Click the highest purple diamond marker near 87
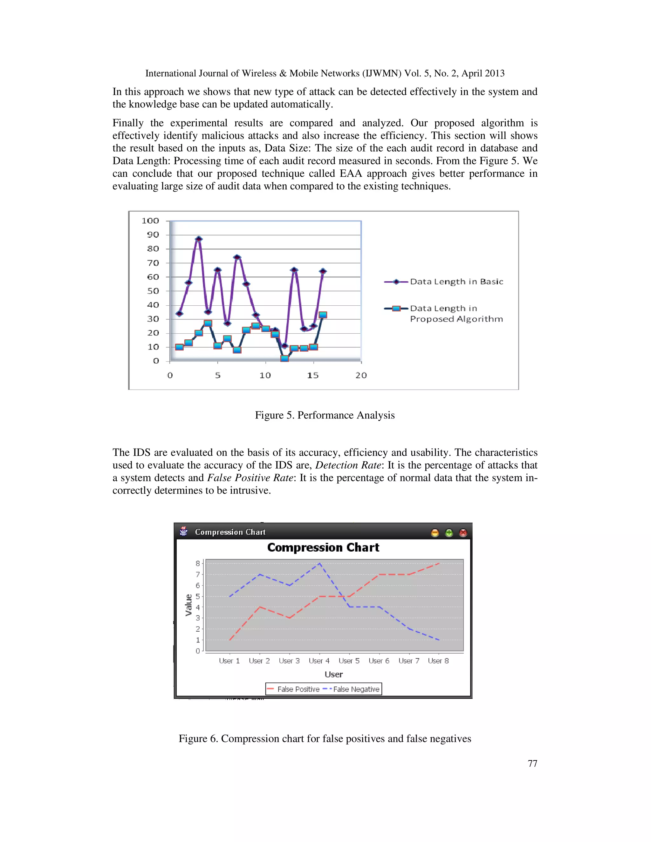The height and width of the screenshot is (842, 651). pyautogui.click(x=199, y=239)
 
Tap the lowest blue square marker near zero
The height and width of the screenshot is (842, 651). pyautogui.click(x=284, y=358)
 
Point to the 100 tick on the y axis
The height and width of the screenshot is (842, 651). pyautogui.click(x=150, y=221)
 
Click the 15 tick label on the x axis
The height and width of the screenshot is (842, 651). pyautogui.click(x=313, y=376)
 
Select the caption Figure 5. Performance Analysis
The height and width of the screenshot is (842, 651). pyautogui.click(x=325, y=415)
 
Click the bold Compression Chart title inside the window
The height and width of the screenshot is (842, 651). pyautogui.click(x=323, y=547)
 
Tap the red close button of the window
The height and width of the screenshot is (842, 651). pyautogui.click(x=463, y=533)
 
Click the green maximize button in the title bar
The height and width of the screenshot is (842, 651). pyautogui.click(x=449, y=533)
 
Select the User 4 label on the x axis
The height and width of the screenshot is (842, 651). pyautogui.click(x=319, y=661)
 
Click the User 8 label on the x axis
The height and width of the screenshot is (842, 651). pyautogui.click(x=438, y=661)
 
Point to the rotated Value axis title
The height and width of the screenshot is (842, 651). pyautogui.click(x=188, y=605)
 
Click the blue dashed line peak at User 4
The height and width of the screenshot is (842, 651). pyautogui.click(x=319, y=563)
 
